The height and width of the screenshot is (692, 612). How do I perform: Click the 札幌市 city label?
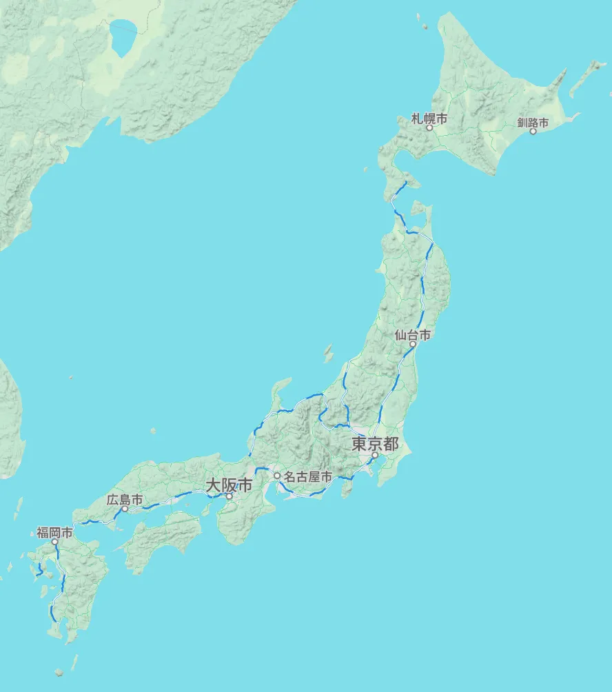(x=429, y=119)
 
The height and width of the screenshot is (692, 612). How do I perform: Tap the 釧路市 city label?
(x=533, y=123)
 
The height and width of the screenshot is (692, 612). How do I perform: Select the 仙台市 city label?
(x=413, y=335)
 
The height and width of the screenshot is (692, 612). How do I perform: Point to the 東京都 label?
(x=375, y=443)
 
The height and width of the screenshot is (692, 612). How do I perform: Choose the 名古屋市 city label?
(x=307, y=476)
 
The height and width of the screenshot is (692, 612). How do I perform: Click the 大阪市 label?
(x=229, y=485)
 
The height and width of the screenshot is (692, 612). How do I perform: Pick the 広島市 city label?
(x=125, y=500)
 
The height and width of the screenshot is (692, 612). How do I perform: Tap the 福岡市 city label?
(x=54, y=532)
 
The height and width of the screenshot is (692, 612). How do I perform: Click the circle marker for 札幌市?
(x=429, y=128)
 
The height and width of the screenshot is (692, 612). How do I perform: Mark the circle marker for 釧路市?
(x=533, y=131)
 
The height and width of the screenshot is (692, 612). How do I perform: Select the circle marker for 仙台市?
(x=413, y=344)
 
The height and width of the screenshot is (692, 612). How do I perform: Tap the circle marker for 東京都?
(x=375, y=455)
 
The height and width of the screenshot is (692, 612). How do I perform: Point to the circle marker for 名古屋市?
(x=277, y=476)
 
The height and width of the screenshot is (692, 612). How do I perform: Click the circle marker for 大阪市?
(x=229, y=496)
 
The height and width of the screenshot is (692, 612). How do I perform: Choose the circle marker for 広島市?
(x=125, y=509)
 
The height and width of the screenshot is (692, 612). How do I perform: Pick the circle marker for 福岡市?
(x=54, y=542)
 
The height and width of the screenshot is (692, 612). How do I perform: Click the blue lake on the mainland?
(x=123, y=40)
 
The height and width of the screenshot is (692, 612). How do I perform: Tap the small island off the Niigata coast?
(x=328, y=354)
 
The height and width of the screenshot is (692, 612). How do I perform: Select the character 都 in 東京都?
(x=390, y=443)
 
